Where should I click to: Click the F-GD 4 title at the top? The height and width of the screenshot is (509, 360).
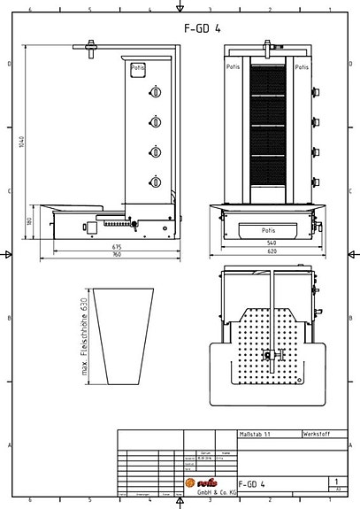click(x=202, y=27)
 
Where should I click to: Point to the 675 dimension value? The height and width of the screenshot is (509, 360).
click(x=116, y=246)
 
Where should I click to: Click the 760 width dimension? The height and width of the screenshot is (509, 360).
click(x=116, y=255)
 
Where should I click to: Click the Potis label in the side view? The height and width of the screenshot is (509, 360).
click(x=138, y=67)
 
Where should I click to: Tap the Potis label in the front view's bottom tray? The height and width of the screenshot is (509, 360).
click(x=268, y=230)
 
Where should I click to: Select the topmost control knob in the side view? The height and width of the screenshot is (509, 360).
click(x=156, y=92)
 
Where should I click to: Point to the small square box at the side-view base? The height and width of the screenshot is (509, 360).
click(x=90, y=228)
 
